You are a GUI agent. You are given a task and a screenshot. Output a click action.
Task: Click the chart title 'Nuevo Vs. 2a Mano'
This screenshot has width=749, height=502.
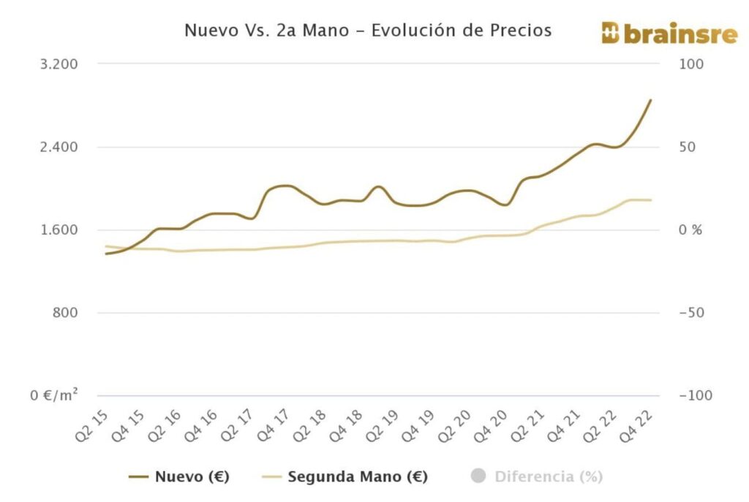pos(367,31)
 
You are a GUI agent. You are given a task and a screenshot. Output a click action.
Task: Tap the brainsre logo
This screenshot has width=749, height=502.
pos(669,33)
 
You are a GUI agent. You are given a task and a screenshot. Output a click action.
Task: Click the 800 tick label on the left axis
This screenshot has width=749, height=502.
pos(66,313)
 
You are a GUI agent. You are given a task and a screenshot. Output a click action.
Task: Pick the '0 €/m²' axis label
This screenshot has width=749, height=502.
pos(54,395)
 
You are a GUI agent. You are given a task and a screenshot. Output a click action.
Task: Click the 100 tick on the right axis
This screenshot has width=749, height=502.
pos(692,64)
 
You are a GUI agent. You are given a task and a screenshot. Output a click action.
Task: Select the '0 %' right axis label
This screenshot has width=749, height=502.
pos(690,230)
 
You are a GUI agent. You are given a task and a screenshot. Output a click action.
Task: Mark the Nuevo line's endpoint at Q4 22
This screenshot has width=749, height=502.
pos(651,100)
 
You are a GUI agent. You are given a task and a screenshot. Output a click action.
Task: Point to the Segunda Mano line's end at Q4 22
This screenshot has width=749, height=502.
pos(651,200)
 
